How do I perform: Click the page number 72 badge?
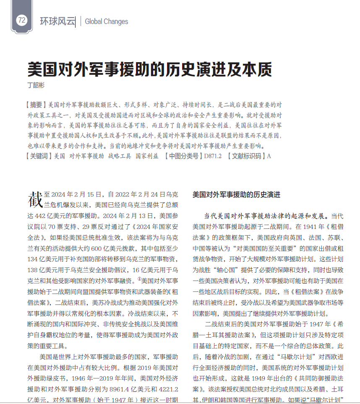[22, 20]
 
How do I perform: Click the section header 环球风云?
[57, 21]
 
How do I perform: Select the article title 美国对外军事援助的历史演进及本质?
[149, 68]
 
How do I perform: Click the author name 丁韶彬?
[36, 84]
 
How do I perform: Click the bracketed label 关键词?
[39, 156]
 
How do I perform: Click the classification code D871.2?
[213, 156]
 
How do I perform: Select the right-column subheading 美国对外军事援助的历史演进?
[236, 195]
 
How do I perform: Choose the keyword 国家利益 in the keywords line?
[147, 156]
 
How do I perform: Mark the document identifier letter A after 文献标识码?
[269, 156]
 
